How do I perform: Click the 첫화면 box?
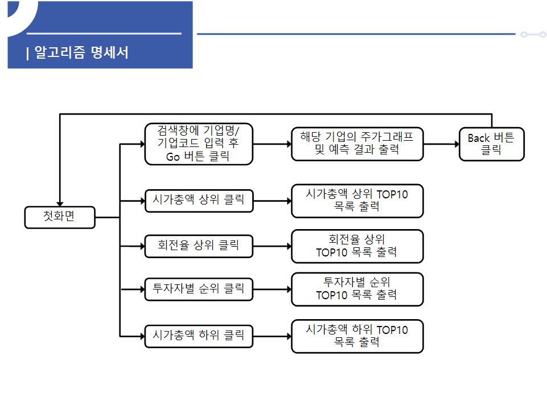tap(60, 217)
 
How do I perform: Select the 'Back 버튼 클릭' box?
tap(491, 144)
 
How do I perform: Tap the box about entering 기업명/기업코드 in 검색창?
tap(198, 144)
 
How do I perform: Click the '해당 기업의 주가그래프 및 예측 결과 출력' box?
tap(357, 144)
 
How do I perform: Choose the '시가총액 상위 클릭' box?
tap(198, 201)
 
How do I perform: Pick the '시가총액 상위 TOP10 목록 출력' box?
tap(357, 201)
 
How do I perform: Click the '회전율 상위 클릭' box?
tap(198, 246)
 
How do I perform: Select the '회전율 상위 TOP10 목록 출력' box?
tap(357, 246)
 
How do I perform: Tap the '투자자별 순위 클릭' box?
tap(198, 289)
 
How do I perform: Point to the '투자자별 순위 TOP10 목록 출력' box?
tap(357, 289)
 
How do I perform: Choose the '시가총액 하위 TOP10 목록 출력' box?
tap(357, 336)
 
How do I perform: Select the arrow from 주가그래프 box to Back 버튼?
tap(441, 144)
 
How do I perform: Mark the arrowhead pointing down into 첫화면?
tap(60, 203)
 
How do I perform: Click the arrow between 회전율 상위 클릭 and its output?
tap(272, 246)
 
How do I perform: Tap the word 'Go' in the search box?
tap(173, 157)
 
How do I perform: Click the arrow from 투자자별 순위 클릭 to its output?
tap(272, 289)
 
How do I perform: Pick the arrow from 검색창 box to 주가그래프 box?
tap(272, 144)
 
